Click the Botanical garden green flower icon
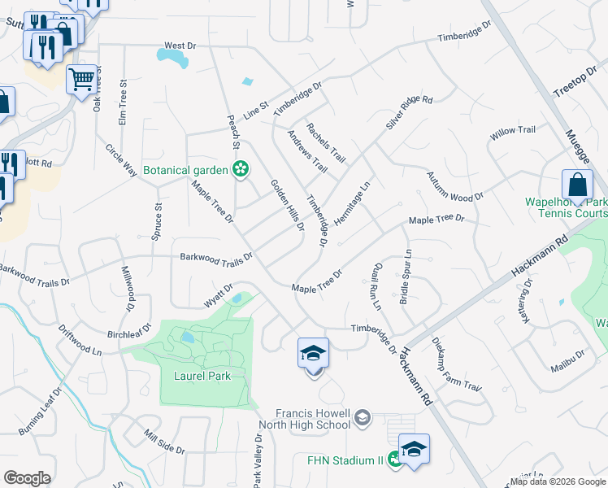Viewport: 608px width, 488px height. pyautogui.click(x=240, y=170)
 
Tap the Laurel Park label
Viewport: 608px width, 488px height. pyautogui.click(x=202, y=376)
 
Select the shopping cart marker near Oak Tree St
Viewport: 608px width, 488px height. pyautogui.click(x=81, y=80)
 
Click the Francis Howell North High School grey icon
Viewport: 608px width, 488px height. pyautogui.click(x=363, y=419)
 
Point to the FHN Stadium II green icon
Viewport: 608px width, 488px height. pyautogui.click(x=394, y=460)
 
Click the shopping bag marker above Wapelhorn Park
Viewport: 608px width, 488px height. pyautogui.click(x=576, y=185)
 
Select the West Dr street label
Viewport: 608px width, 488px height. pyautogui.click(x=180, y=46)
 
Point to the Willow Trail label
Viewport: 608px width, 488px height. pyautogui.click(x=512, y=130)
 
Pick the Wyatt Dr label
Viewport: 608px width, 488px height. pyautogui.click(x=218, y=295)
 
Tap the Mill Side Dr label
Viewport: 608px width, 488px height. pyautogui.click(x=163, y=442)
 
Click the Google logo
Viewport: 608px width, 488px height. pyautogui.click(x=27, y=478)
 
